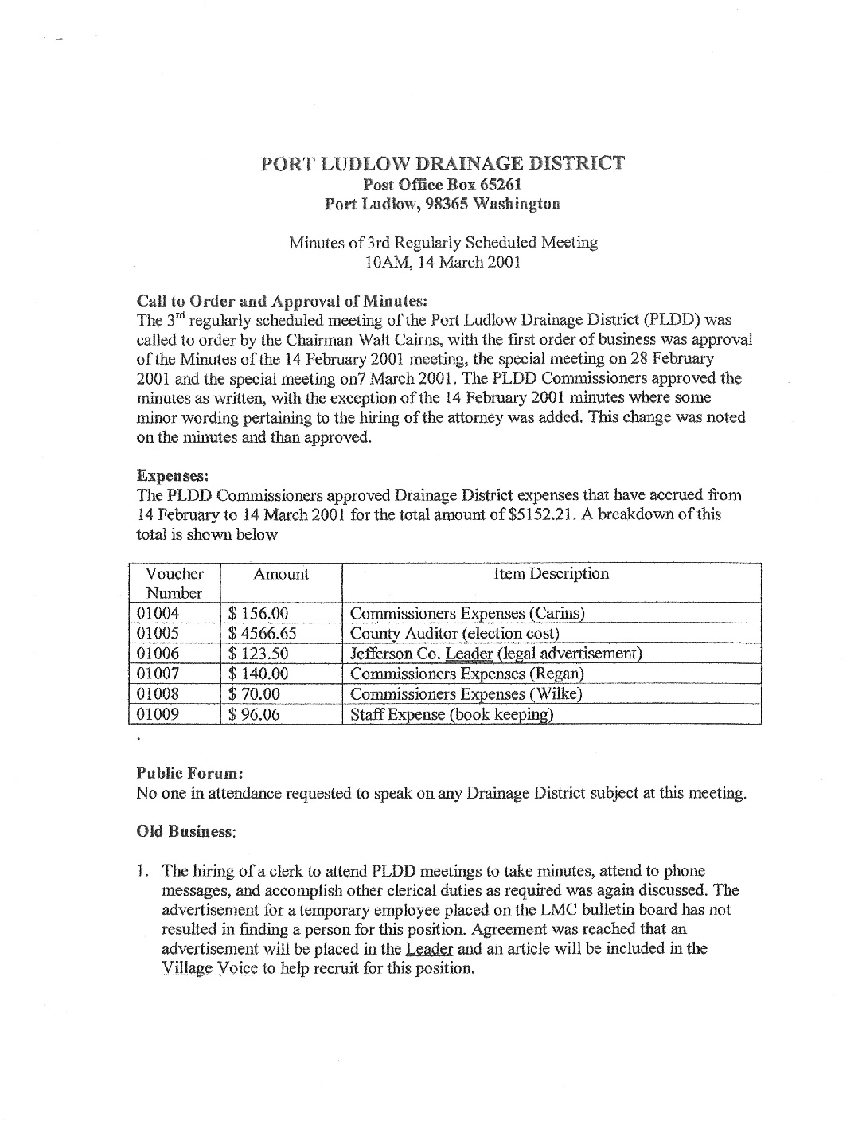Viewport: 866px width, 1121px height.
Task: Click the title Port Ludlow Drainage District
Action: click(x=443, y=164)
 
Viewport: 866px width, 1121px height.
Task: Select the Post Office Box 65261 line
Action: click(x=442, y=184)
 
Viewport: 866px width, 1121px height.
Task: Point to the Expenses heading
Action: click(x=173, y=475)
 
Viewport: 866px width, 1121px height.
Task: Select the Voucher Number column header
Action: click(x=174, y=583)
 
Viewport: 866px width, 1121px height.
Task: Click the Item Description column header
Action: click(x=551, y=574)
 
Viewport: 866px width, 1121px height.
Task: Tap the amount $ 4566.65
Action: click(x=262, y=634)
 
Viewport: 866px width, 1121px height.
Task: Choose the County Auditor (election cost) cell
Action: click(x=454, y=634)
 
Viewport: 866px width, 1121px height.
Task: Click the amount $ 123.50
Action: click(x=258, y=654)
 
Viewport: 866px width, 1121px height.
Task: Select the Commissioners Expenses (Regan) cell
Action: click(x=467, y=674)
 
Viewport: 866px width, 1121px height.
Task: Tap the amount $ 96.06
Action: click(x=254, y=714)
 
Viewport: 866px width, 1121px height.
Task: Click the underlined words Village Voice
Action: click(x=209, y=969)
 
